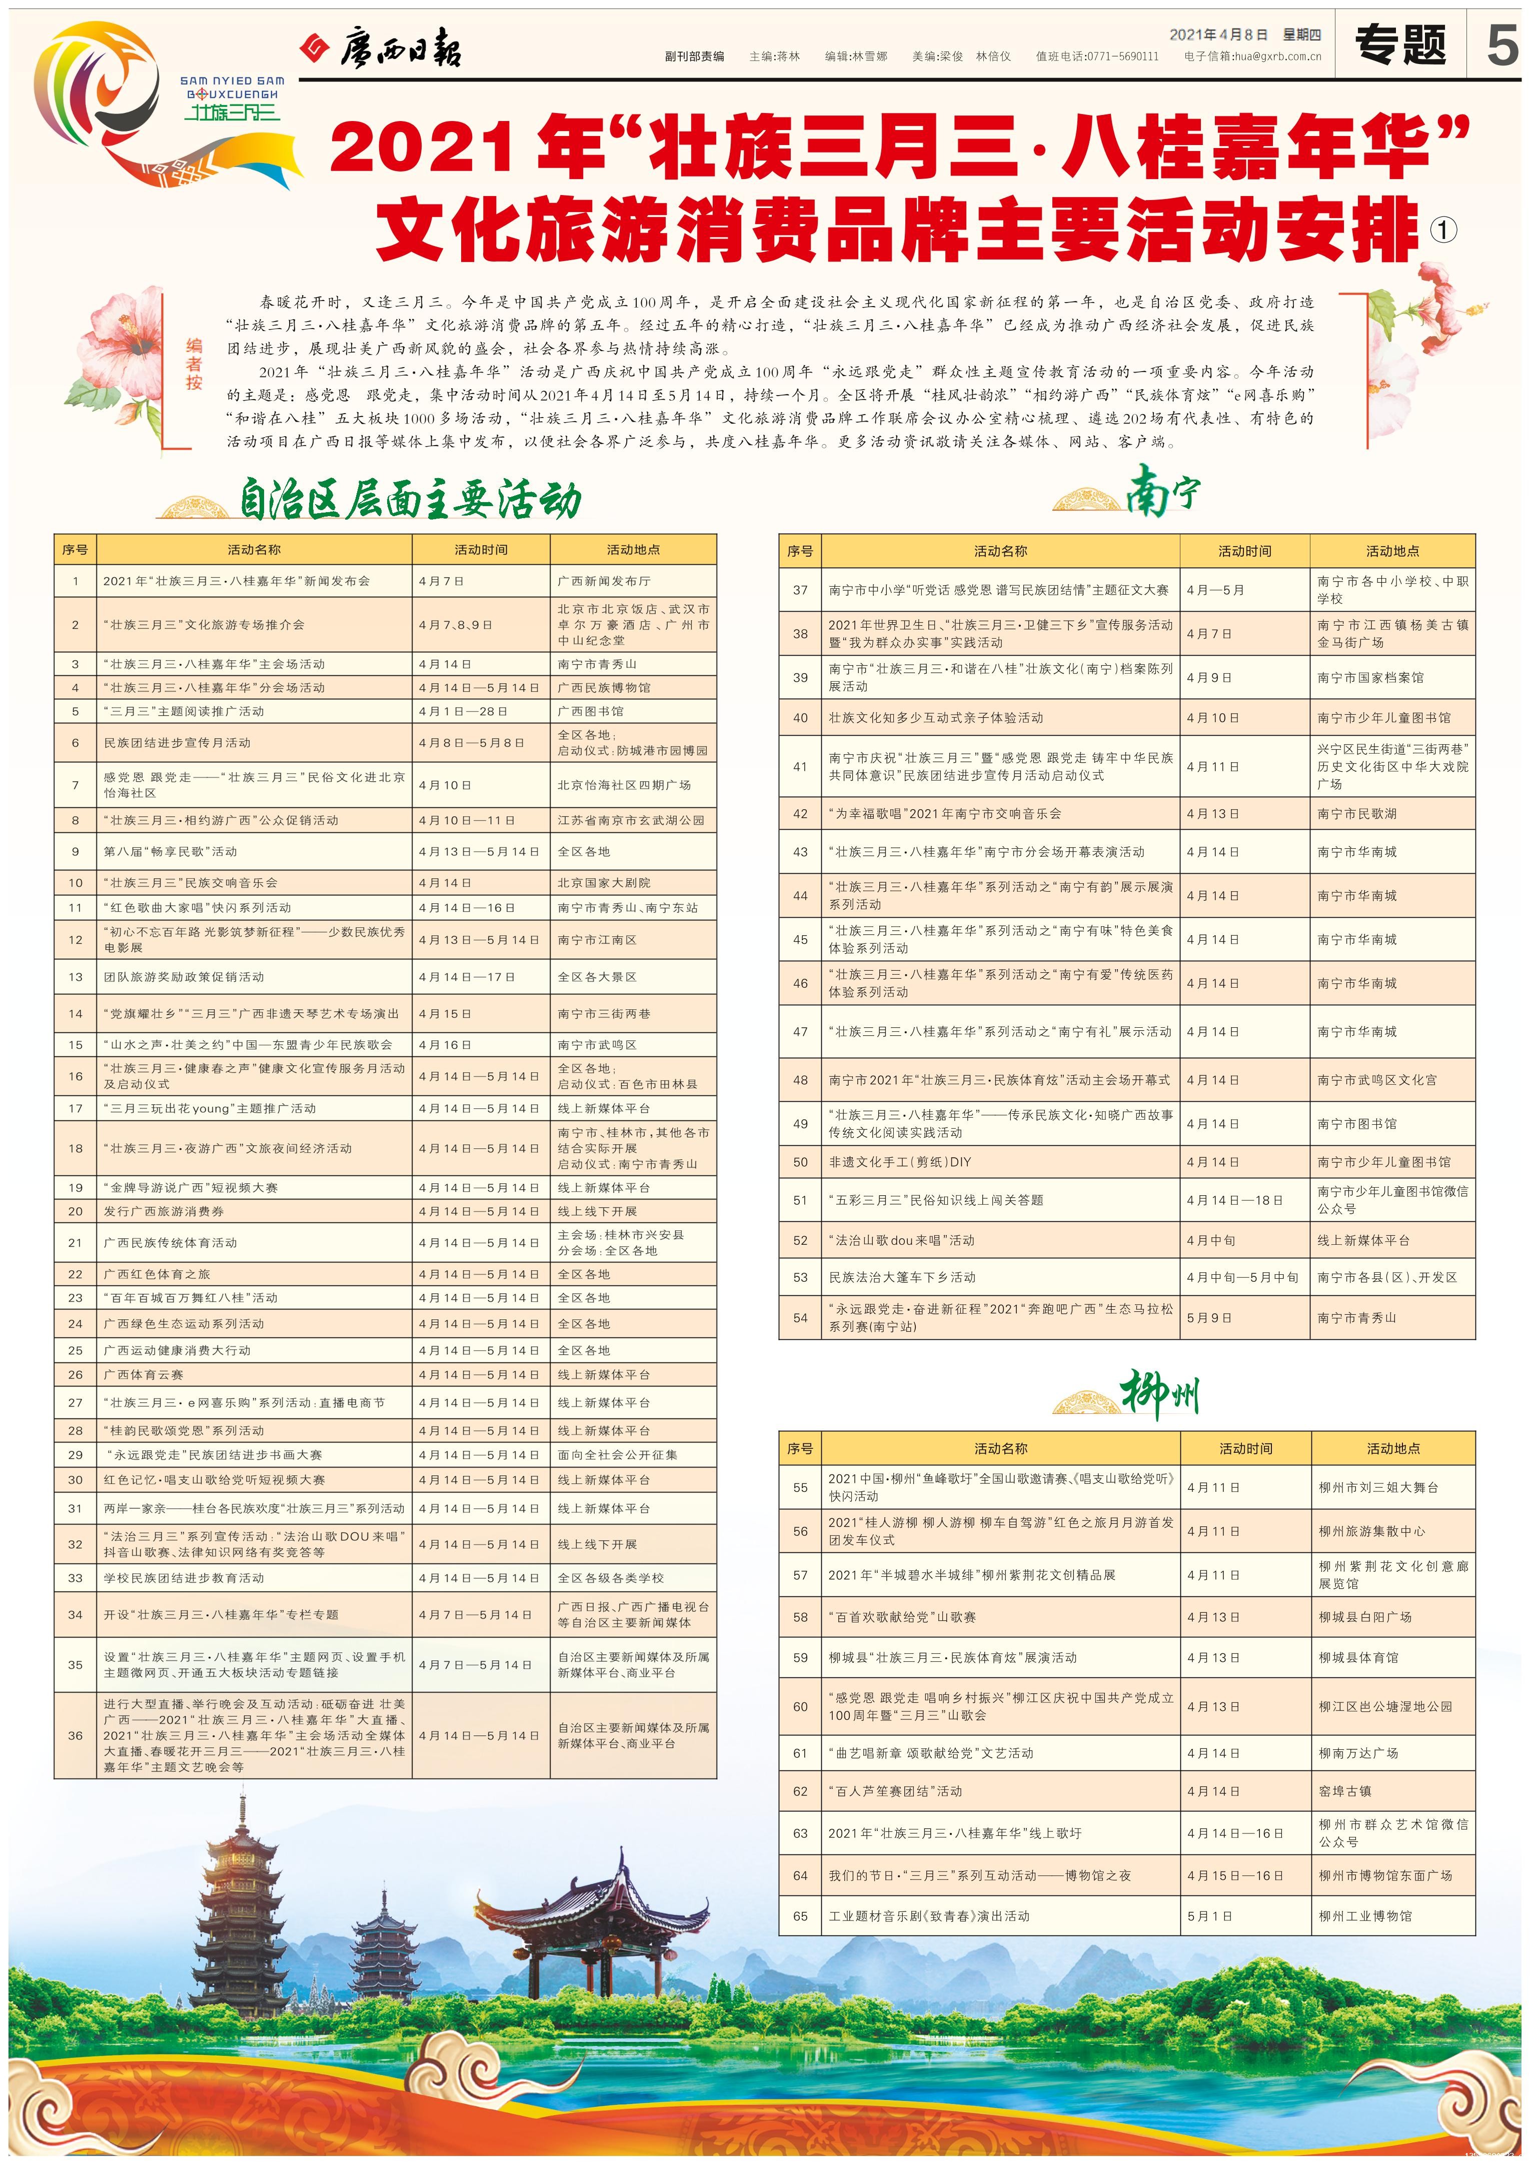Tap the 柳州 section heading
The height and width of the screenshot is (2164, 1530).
[x=1159, y=1395]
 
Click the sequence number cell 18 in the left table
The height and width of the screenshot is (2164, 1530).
[x=76, y=1148]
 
